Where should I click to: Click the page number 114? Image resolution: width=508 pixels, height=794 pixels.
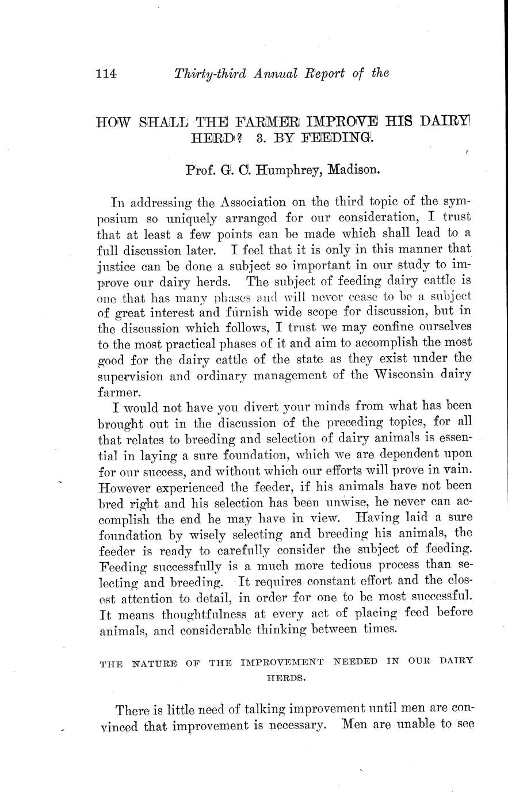click(106, 74)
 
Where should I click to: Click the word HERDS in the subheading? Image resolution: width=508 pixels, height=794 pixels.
click(285, 678)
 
